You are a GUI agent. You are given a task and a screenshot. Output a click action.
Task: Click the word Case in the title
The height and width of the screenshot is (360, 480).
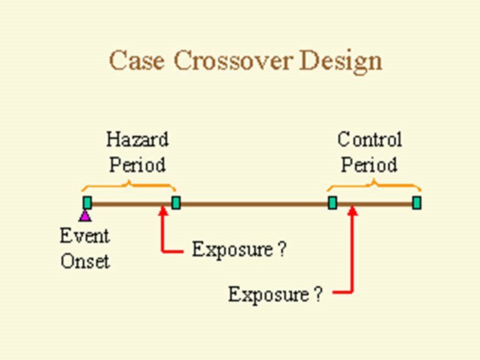click(x=137, y=61)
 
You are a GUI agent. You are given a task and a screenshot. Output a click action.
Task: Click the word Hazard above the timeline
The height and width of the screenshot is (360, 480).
click(x=137, y=140)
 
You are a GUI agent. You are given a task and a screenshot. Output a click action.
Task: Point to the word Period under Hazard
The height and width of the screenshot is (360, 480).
click(x=137, y=164)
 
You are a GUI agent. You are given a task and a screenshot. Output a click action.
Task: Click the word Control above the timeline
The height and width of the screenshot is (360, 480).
click(x=369, y=140)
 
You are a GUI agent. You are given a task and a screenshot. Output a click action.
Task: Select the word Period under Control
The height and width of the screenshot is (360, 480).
click(x=369, y=164)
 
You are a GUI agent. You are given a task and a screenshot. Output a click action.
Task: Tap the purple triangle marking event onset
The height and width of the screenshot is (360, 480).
click(x=85, y=215)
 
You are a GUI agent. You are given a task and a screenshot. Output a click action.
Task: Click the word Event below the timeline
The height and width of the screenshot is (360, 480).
click(x=85, y=236)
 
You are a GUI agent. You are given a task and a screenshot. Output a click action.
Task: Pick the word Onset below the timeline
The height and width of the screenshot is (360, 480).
click(x=85, y=261)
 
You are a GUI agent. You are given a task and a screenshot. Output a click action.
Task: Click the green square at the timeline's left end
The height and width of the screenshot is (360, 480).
click(x=87, y=203)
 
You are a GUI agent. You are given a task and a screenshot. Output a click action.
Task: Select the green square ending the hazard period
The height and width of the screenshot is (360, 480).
click(x=176, y=203)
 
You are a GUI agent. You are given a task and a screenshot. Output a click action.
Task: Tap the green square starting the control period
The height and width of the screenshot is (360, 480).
click(x=332, y=203)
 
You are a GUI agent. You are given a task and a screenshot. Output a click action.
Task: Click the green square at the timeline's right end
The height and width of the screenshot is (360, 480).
click(x=417, y=203)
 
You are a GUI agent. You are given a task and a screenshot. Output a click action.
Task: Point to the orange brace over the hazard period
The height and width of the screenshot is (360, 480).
click(x=127, y=185)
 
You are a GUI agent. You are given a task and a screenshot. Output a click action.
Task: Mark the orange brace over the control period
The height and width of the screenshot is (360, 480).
click(x=373, y=185)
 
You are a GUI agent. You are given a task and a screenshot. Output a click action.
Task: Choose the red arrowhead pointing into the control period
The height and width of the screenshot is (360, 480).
click(x=353, y=211)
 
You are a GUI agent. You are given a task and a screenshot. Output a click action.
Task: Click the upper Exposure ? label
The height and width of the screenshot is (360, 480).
click(x=239, y=250)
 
